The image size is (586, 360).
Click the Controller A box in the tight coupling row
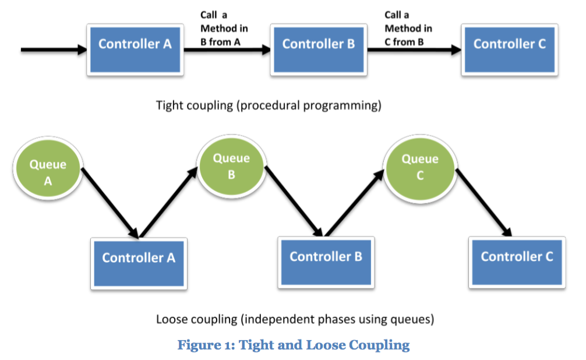tap(135, 50)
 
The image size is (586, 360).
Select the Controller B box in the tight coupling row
tap(319, 50)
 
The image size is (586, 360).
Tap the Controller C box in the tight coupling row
tap(509, 50)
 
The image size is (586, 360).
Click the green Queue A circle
tap(48, 168)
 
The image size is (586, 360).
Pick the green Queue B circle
tap(231, 167)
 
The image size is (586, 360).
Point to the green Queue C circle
tap(420, 169)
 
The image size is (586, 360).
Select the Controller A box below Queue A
tap(139, 263)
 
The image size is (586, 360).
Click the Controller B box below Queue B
tap(326, 263)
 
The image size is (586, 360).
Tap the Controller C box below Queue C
tap(517, 263)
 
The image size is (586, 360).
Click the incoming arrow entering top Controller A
tap(54, 50)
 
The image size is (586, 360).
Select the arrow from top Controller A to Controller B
tap(227, 50)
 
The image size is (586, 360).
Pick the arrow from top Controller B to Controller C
tap(414, 50)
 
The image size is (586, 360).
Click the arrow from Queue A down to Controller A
tap(110, 203)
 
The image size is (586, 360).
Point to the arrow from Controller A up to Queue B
tap(168, 202)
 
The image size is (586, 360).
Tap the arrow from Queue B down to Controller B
tap(294, 201)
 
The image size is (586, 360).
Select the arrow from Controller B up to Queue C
tap(355, 203)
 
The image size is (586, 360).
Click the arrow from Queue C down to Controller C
tap(484, 203)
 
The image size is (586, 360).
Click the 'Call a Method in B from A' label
tap(224, 29)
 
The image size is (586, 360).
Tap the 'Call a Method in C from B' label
tap(408, 29)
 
